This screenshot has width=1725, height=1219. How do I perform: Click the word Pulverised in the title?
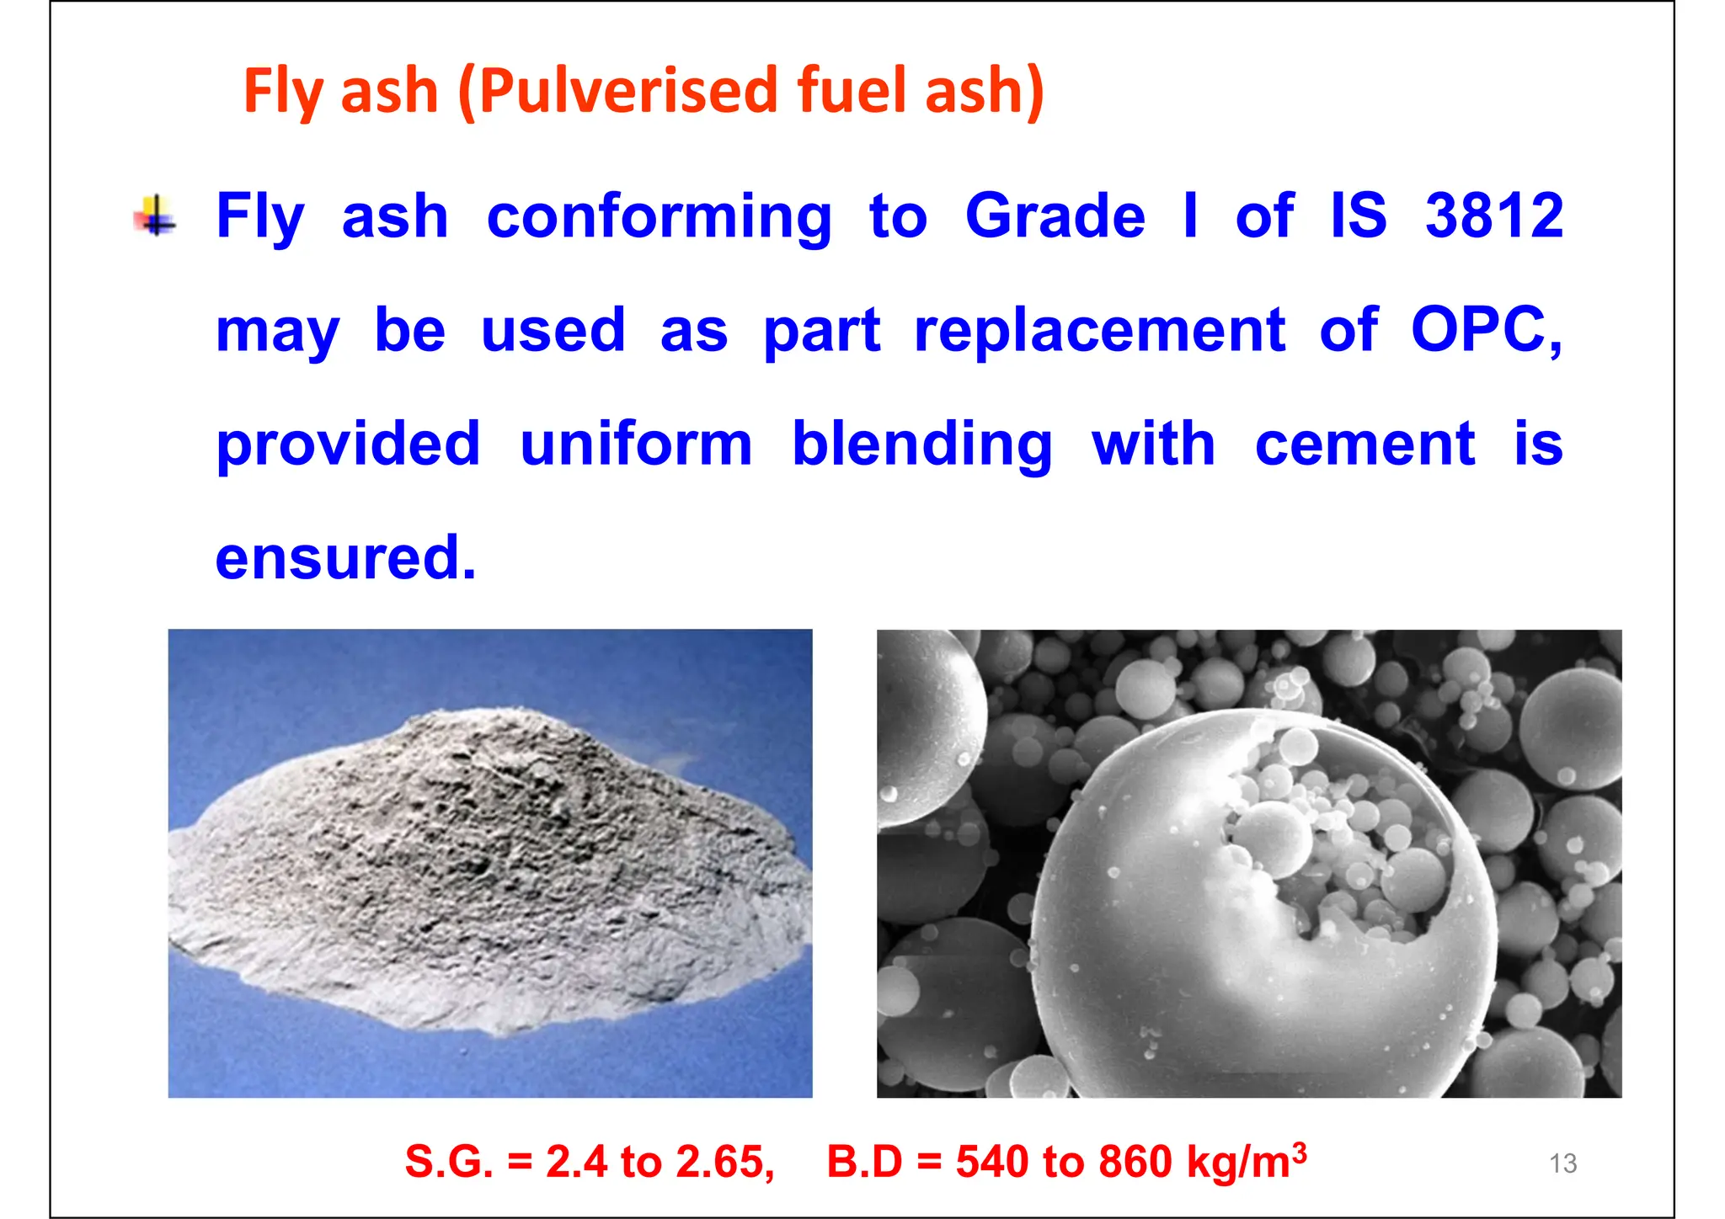[x=628, y=91]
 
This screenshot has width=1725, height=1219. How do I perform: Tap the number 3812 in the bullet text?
[x=1493, y=216]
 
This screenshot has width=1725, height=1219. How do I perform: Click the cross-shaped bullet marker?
[x=155, y=216]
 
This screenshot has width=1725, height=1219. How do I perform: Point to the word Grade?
[x=1055, y=216]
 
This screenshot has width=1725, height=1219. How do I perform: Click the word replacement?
[x=1099, y=331]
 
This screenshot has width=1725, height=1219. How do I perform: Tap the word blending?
[x=922, y=445]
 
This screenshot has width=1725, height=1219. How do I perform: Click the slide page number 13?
[x=1562, y=1163]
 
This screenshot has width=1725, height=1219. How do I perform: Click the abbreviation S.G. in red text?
[x=448, y=1162]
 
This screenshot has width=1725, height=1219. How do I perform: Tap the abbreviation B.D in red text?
[x=864, y=1162]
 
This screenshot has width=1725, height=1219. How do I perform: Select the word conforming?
[x=659, y=217]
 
